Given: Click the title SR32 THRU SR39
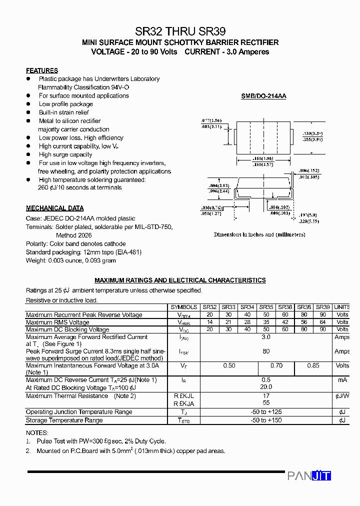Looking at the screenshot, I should pyautogui.click(x=180, y=31).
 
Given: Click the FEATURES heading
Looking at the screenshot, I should pyautogui.click(x=42, y=70).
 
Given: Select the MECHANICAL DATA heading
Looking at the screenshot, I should pyautogui.click(x=55, y=208).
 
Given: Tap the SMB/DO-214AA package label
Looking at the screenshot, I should pyautogui.click(x=263, y=96).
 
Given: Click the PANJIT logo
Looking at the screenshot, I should pyautogui.click(x=309, y=475).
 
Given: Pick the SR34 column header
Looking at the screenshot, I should pyautogui.click(x=247, y=307).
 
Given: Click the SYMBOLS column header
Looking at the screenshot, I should pyautogui.click(x=184, y=307).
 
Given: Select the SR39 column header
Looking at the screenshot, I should pyautogui.click(x=323, y=307).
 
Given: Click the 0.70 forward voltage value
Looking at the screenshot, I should pyautogui.click(x=276, y=365).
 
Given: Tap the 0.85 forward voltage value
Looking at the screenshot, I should pyautogui.click(x=313, y=365).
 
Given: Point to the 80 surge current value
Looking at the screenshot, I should pyautogui.click(x=266, y=351).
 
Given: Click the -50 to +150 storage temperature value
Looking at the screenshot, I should pyautogui.click(x=266, y=420).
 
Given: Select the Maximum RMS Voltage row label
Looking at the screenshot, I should pyautogui.click(x=57, y=322).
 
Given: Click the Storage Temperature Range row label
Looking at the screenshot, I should pyautogui.click(x=64, y=420).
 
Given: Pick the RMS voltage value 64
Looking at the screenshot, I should pyautogui.click(x=323, y=322).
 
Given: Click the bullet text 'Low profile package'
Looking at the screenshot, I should pyautogui.click(x=66, y=104).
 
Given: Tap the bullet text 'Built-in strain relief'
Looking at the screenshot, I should pyautogui.click(x=64, y=112).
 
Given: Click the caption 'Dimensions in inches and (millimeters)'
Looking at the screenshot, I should pyautogui.click(x=259, y=234).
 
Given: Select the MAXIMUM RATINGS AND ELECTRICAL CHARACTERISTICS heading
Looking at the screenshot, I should pyautogui.click(x=180, y=280).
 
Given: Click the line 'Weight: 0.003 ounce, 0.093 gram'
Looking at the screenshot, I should pyautogui.click(x=71, y=260).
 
